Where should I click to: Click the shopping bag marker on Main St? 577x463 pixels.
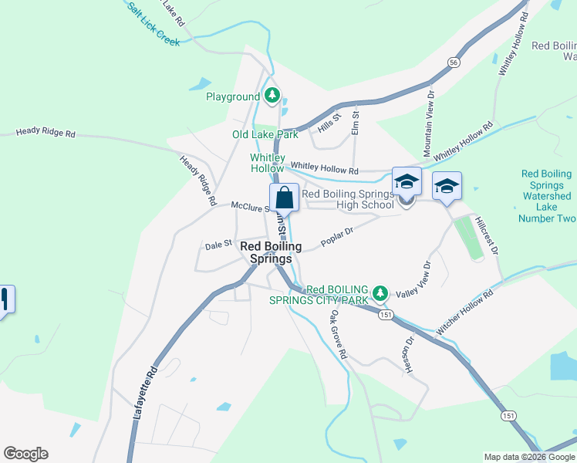click(x=284, y=198)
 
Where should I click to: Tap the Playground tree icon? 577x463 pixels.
click(x=272, y=96)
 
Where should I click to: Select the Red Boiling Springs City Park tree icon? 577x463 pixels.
click(x=380, y=292)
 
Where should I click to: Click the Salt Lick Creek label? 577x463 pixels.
click(x=154, y=23)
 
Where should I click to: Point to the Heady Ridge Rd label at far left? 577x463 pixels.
click(x=46, y=133)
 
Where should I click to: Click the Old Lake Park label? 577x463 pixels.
click(x=265, y=134)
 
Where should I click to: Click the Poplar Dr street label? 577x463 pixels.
click(x=337, y=233)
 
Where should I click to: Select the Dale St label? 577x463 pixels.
click(x=218, y=245)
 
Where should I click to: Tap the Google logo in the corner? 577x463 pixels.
click(x=25, y=454)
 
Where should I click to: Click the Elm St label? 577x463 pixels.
click(x=356, y=123)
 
